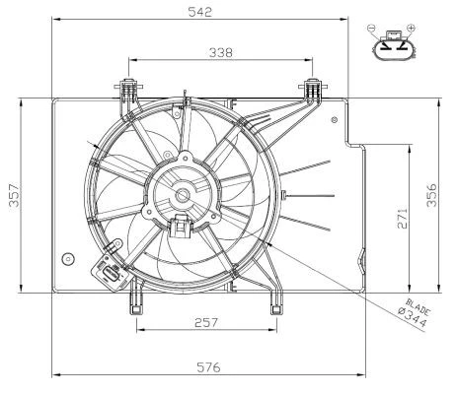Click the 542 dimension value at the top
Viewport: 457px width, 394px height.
point(201,11)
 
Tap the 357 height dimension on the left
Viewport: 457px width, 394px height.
point(11,195)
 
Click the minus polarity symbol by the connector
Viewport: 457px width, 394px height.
point(371,29)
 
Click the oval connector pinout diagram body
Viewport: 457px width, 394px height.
point(393,45)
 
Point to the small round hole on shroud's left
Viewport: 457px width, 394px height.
point(67,259)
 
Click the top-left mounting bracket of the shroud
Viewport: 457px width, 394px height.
point(126,91)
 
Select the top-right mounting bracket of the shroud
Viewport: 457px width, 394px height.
point(312,91)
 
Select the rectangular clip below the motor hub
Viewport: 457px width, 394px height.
point(182,228)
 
